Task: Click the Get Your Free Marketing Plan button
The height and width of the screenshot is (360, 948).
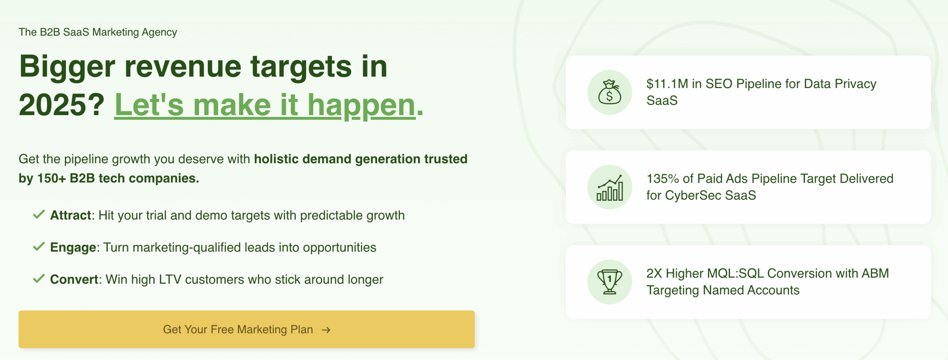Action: [x=247, y=329]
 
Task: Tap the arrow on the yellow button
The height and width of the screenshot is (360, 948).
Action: [x=326, y=330]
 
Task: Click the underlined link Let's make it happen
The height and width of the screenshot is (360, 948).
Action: [x=265, y=105]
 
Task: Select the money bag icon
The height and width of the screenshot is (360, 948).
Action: [x=610, y=92]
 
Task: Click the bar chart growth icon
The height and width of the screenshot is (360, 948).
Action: [x=610, y=187]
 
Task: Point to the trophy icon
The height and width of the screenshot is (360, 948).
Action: [x=610, y=282]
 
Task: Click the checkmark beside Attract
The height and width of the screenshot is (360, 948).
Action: [x=39, y=214]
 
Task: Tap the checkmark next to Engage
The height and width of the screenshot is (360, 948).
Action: [x=39, y=246]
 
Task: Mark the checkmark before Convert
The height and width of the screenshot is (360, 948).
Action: [x=39, y=279]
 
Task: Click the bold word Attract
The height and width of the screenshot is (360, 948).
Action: [x=71, y=215]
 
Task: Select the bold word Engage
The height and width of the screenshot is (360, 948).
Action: [x=73, y=247]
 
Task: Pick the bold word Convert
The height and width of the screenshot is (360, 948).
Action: [x=74, y=279]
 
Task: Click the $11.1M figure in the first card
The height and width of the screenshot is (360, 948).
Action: [x=667, y=84]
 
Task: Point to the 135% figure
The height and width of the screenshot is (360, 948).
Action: [x=663, y=179]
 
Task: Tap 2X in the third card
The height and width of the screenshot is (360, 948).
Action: [x=654, y=273]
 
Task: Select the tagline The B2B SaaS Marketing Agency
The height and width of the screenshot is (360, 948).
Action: [x=98, y=32]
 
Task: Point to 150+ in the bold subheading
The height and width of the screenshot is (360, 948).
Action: [x=51, y=179]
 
